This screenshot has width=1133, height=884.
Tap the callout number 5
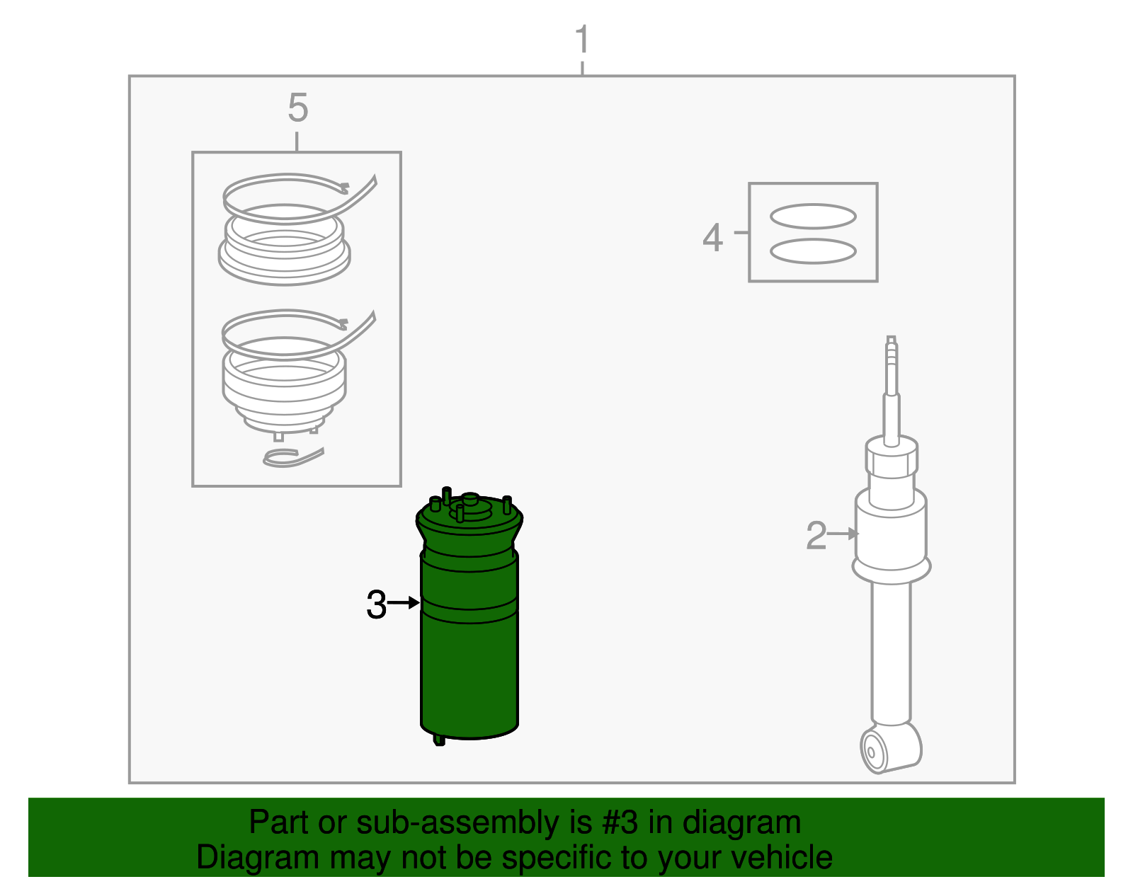click(297, 108)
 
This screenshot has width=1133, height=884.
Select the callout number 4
click(712, 238)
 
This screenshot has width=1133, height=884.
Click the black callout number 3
click(376, 605)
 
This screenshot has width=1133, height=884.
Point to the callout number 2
click(816, 536)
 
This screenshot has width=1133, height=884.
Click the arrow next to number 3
click(404, 603)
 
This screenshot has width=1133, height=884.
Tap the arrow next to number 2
click(843, 534)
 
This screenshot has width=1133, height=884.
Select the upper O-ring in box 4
click(813, 217)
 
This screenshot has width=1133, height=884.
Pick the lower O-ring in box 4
click(813, 251)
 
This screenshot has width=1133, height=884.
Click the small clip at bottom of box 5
click(292, 457)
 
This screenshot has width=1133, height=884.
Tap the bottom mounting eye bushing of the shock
click(874, 750)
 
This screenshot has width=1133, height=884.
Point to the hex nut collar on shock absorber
click(892, 459)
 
